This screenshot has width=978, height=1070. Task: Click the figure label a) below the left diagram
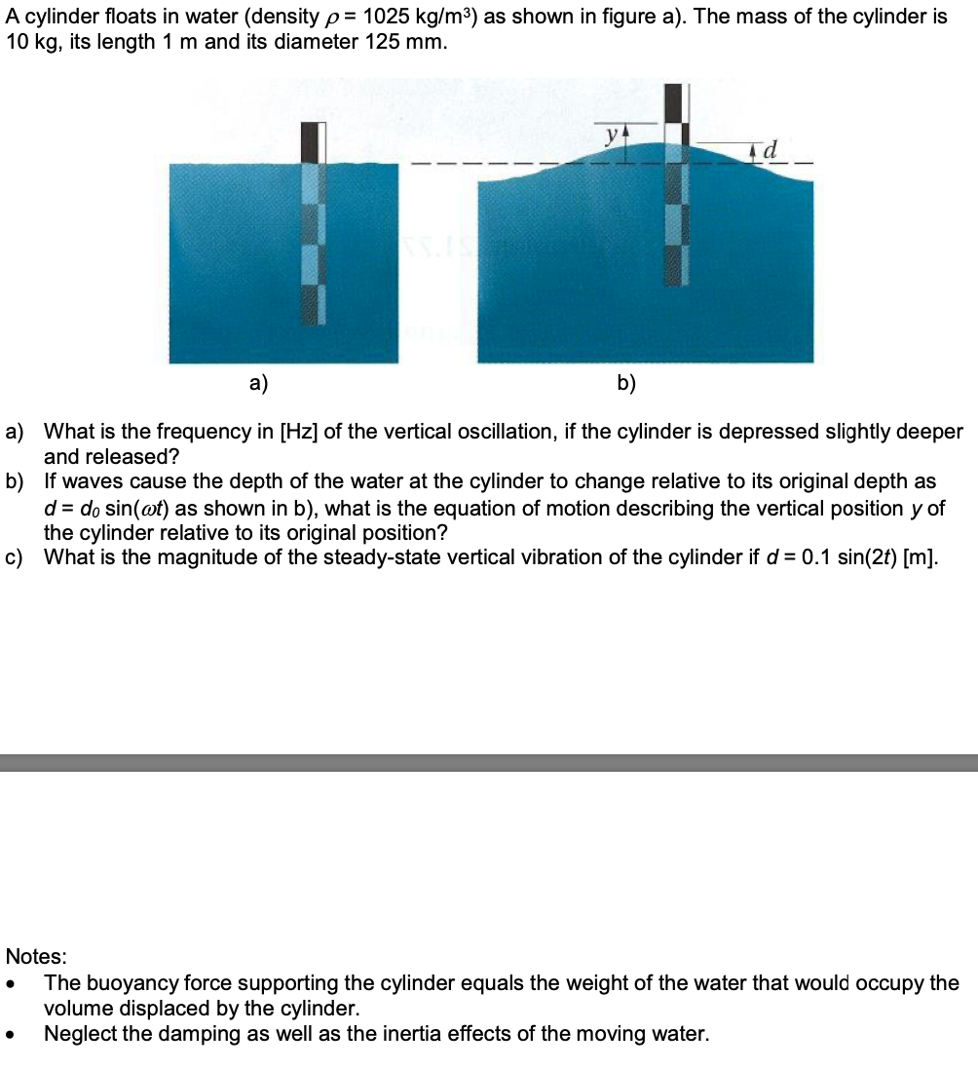click(258, 383)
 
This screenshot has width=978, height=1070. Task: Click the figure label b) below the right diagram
click(626, 383)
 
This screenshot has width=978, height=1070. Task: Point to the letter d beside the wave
click(771, 150)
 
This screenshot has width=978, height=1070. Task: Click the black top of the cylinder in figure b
click(673, 102)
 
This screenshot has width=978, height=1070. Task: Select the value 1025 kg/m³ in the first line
click(416, 19)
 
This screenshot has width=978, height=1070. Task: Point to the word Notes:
click(37, 956)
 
